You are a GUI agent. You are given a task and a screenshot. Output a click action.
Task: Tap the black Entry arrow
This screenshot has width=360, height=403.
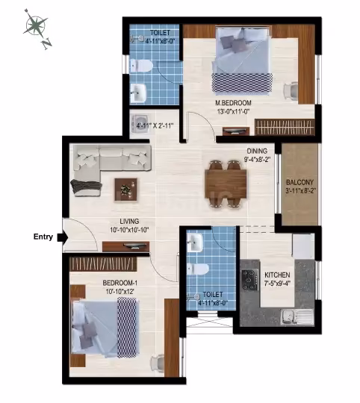(63, 237)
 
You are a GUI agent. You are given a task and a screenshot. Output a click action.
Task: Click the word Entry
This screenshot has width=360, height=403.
(43, 237)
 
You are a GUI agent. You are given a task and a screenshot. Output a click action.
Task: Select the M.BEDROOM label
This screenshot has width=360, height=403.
(233, 103)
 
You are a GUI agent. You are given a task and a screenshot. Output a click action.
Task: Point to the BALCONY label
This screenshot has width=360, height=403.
(300, 183)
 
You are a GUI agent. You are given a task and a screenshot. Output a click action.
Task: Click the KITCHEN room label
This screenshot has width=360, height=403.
(277, 275)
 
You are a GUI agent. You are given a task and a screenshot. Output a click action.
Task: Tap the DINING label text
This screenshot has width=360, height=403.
(257, 151)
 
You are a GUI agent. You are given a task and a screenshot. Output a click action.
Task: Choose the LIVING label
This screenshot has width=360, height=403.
(129, 222)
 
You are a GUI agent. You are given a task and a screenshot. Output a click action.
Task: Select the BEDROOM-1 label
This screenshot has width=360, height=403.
(120, 283)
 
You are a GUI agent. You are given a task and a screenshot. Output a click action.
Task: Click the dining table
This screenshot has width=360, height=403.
(226, 184)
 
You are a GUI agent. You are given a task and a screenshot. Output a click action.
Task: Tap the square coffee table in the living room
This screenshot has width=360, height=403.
(125, 190)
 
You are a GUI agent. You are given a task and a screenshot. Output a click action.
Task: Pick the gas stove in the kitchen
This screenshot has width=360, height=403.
(249, 280)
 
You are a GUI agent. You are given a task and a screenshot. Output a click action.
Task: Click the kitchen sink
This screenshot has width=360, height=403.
(297, 317)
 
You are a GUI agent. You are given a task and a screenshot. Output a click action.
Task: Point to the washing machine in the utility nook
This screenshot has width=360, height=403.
(140, 124)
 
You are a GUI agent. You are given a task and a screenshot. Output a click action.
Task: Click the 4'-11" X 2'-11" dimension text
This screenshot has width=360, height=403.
(155, 125)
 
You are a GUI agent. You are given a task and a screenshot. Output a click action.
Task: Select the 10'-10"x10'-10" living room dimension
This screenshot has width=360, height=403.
(129, 230)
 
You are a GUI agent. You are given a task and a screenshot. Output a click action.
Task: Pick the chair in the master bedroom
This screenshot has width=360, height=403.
(291, 90)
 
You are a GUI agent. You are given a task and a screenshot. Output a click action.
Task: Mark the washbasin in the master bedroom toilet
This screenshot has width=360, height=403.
(138, 93)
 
